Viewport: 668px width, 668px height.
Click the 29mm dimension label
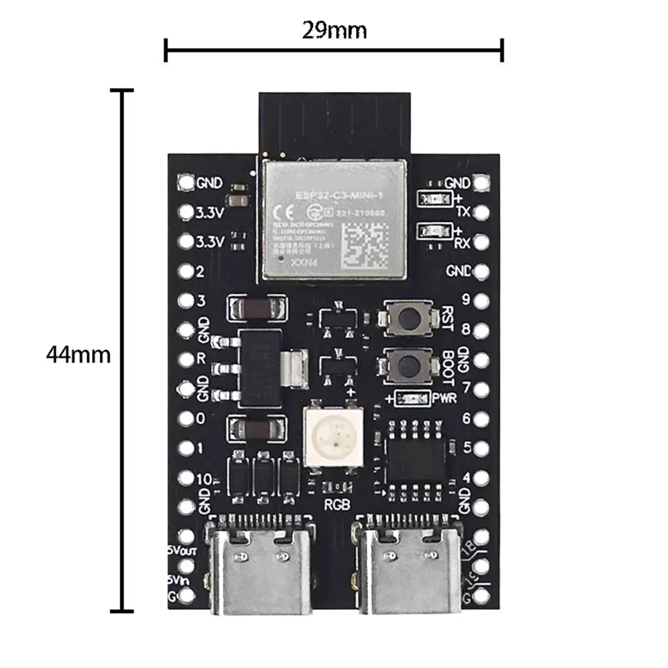334,30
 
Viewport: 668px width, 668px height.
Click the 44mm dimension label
78,354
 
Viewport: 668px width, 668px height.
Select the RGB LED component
333,435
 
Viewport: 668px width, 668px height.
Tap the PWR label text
444,398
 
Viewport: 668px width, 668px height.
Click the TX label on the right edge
463,212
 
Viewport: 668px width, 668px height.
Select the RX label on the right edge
463,243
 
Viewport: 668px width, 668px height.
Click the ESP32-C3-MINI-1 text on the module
334,195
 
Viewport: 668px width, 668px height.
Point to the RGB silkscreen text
337,505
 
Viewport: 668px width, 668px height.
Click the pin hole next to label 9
482,301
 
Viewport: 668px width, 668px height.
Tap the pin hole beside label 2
185,272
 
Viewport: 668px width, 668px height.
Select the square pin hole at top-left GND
185,182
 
